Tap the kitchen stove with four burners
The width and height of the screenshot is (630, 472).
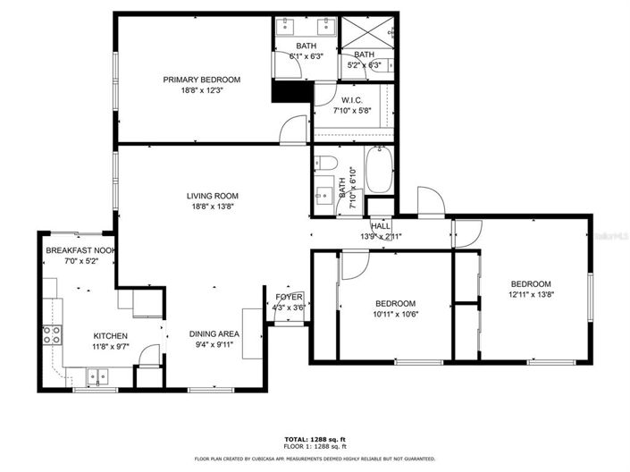52,335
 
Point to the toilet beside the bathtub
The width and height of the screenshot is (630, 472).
325,163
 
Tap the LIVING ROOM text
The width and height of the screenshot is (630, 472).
212,196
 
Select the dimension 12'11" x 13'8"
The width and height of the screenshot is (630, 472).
531,294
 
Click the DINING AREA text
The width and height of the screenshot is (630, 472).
213,334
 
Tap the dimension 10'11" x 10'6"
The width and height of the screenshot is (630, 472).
395,313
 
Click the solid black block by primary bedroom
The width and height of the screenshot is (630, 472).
289,90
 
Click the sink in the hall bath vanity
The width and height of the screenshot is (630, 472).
323,195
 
